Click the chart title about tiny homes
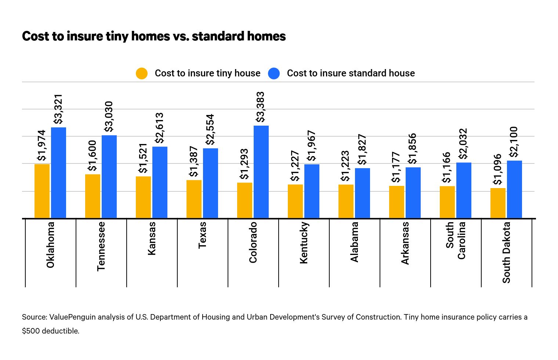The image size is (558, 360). [x=154, y=36]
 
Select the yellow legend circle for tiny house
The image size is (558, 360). [x=142, y=73]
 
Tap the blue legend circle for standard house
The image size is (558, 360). [x=274, y=73]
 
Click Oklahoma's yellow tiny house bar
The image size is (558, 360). [x=42, y=191]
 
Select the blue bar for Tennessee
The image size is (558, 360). [x=109, y=177]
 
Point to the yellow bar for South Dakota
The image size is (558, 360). [x=498, y=203]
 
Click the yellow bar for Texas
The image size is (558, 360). [x=194, y=199]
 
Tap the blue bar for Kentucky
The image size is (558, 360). [x=312, y=191]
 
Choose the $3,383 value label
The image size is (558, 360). [x=260, y=107]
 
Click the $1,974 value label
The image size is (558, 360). [x=42, y=145]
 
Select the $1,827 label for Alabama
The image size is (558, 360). [x=362, y=150]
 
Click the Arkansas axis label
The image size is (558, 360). [x=405, y=243]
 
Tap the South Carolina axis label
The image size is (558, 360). [x=456, y=240]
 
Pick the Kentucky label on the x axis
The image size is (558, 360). [x=304, y=243]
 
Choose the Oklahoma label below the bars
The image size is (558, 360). [x=50, y=245]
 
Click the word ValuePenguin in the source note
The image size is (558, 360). [x=72, y=317]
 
